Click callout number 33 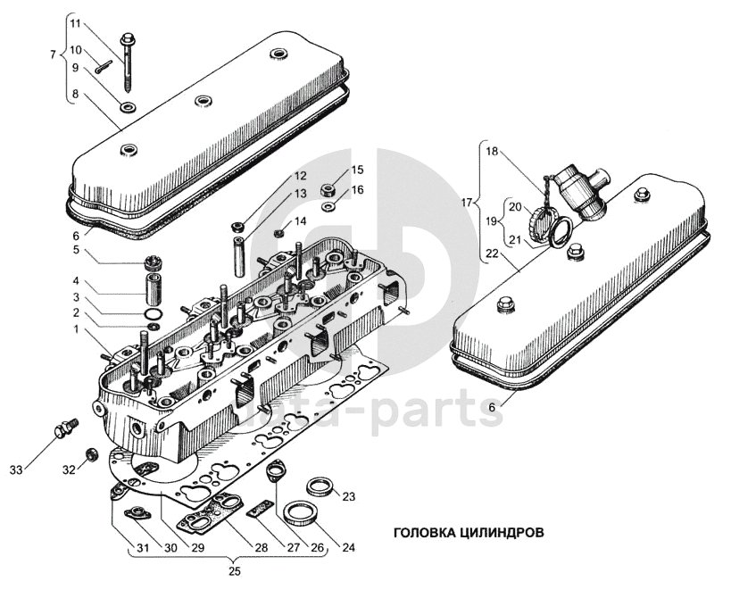pos(16,470)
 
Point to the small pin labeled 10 pos(104,67)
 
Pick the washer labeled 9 pos(128,108)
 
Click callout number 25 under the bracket pos(235,571)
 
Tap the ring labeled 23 pos(320,487)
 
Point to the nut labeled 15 pos(328,189)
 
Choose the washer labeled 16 pos(328,205)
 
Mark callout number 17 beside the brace pos(468,203)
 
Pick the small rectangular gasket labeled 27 pos(261,509)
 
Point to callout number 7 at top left pos(53,55)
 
